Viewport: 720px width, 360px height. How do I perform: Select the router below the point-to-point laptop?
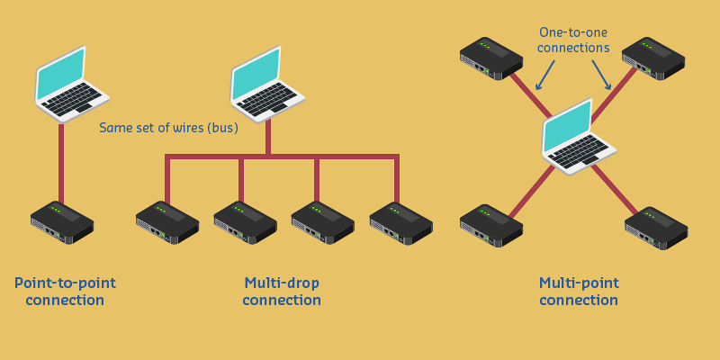(62, 222)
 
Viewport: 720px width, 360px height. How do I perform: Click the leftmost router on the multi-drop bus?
(167, 222)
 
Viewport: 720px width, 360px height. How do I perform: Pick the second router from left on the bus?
(245, 222)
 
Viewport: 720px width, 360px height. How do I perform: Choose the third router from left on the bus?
(322, 222)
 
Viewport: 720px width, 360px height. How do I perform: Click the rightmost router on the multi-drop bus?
(400, 222)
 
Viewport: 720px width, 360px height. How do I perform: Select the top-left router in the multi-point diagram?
(491, 58)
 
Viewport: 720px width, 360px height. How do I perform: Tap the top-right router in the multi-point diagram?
(652, 58)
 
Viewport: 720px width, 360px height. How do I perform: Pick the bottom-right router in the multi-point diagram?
(656, 228)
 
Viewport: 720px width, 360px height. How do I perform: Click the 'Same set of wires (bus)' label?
(168, 128)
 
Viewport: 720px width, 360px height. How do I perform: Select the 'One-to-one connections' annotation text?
(573, 40)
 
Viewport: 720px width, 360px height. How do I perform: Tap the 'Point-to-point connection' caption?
(65, 291)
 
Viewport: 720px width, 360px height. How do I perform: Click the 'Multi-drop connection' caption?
(282, 291)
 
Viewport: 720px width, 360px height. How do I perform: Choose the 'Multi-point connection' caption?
(579, 291)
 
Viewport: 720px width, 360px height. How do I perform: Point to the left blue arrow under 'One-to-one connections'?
(545, 76)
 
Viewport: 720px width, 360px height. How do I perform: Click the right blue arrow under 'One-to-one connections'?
(601, 76)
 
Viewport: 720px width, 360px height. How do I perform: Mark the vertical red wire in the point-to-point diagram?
(61, 162)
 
